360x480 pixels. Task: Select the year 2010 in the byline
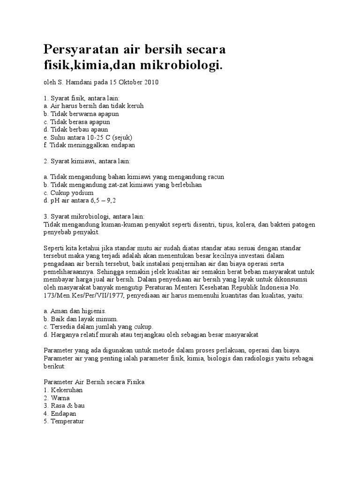(150, 82)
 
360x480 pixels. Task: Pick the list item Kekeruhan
(67, 390)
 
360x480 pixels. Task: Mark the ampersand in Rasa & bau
(69, 406)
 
